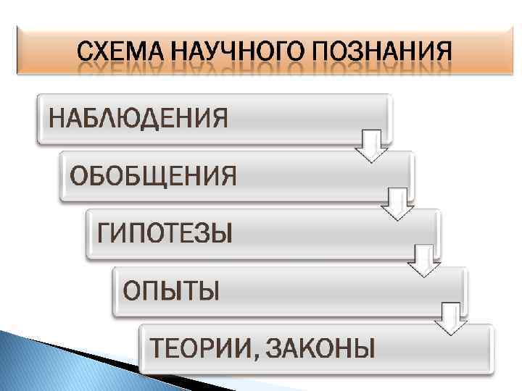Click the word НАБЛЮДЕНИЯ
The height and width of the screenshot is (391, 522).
(x=138, y=117)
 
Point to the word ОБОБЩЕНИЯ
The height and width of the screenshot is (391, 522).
(x=153, y=176)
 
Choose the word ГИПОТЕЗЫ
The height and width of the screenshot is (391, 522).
(x=165, y=234)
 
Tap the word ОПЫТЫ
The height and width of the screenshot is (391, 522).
(x=171, y=291)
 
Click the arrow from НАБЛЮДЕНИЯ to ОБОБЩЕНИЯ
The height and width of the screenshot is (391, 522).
(x=371, y=146)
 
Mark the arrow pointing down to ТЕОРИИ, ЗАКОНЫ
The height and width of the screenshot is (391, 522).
(x=452, y=319)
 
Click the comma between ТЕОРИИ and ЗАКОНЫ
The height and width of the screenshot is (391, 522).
(x=254, y=356)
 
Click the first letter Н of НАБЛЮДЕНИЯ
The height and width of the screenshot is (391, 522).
(x=57, y=117)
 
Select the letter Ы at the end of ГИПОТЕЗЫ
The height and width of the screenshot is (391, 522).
(x=221, y=234)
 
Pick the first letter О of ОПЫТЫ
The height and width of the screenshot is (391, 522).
(x=133, y=291)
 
